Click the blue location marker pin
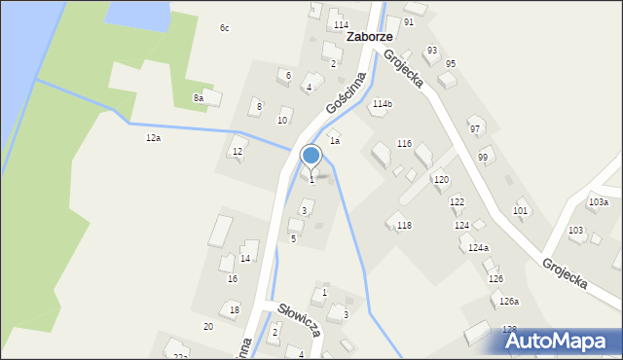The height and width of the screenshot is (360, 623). [x=311, y=156]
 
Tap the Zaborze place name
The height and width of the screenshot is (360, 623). [x=369, y=35]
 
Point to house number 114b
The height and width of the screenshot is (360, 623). [x=382, y=103]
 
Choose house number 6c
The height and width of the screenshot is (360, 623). [x=224, y=27]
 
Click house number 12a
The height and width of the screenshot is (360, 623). [x=153, y=138]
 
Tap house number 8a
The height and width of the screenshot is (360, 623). [x=199, y=97]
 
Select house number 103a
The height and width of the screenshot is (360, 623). [x=598, y=202]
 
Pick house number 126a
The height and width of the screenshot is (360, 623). [x=509, y=302]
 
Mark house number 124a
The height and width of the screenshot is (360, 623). [x=478, y=248]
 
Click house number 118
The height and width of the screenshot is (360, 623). [x=404, y=225]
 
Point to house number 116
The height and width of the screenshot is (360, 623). [x=404, y=143]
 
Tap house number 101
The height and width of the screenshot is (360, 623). [x=521, y=210]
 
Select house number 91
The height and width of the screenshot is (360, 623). [x=409, y=21]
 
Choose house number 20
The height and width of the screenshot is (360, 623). [x=208, y=326]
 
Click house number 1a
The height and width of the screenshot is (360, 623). [x=334, y=141]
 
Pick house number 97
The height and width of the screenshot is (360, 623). [x=475, y=128]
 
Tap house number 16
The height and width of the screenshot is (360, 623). [x=233, y=278]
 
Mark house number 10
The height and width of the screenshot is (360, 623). [x=282, y=121]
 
